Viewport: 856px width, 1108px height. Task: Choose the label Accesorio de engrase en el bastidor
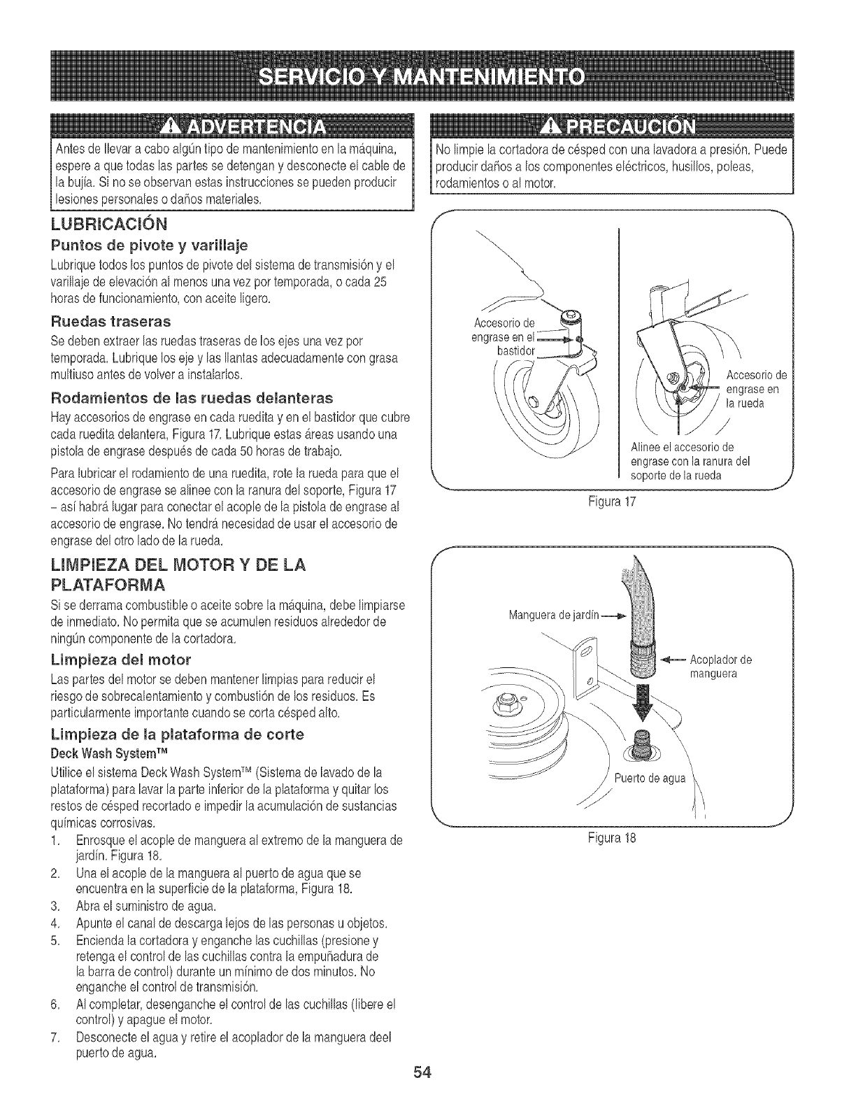click(505, 336)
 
